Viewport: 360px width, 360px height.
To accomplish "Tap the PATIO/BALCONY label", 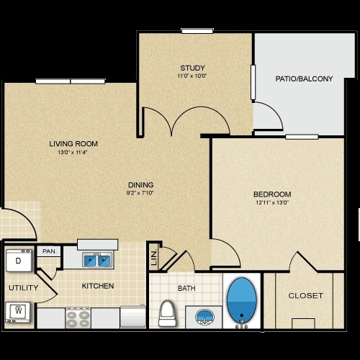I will pos(304,78).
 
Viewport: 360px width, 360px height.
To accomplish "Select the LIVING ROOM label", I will pos(73,143).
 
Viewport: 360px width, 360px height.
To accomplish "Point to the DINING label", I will pos(140,184).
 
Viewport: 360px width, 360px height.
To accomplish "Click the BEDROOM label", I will pos(272,194).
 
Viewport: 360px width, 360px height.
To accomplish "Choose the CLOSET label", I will pos(305,296).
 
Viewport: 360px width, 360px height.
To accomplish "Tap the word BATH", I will pos(186,289).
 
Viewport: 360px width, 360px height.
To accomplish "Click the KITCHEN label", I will pos(98,286).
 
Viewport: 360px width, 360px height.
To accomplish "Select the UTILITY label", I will pos(18,288).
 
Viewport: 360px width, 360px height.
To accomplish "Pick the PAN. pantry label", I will pos(49,251).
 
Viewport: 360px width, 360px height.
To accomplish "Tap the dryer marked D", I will pos(17,261).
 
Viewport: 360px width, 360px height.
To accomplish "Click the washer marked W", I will pos(18,312).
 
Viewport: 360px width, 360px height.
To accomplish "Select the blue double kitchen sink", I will pos(96,259).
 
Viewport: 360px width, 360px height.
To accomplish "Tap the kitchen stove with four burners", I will pos(78,317).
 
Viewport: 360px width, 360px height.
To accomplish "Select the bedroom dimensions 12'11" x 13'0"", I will pos(272,204).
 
